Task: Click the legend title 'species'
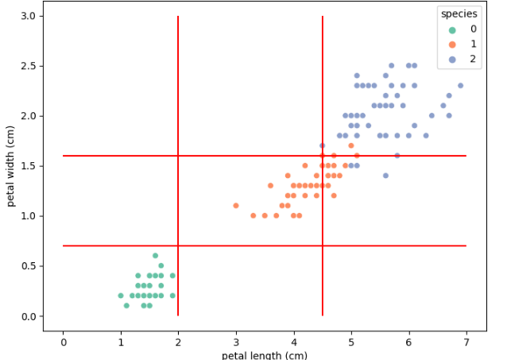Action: [460, 14]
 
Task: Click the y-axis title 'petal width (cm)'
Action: [11, 166]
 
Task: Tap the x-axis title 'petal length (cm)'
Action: [264, 355]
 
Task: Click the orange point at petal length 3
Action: [236, 206]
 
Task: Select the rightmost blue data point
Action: [460, 86]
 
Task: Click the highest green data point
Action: [156, 256]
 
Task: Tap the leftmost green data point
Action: [121, 296]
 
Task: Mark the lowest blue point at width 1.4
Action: [385, 176]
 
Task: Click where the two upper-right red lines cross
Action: [322, 156]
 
